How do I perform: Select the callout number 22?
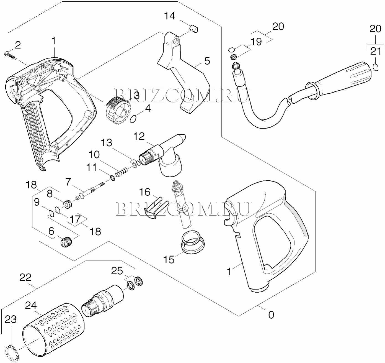tap(25, 277)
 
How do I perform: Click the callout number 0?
tap(271, 315)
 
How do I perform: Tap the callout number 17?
tap(75, 219)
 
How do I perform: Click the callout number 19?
tap(256, 42)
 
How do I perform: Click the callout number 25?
tap(117, 271)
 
